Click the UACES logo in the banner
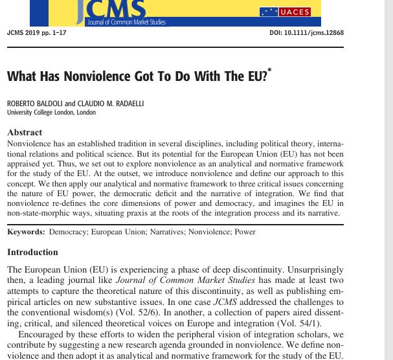coord(285,12)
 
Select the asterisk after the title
coord(269,70)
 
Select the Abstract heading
coord(25,132)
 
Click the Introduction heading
coord(32,252)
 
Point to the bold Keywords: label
coord(26,232)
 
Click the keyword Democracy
coord(68,232)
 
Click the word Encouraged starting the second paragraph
coord(45,335)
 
